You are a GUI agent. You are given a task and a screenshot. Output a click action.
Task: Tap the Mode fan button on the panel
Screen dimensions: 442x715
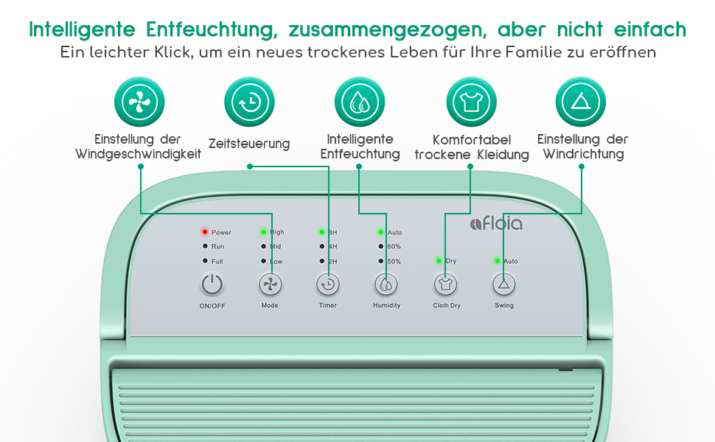click(271, 285)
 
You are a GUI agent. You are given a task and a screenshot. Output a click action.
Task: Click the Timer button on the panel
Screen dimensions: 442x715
click(328, 285)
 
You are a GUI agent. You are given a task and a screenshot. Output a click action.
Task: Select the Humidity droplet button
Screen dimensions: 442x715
click(386, 285)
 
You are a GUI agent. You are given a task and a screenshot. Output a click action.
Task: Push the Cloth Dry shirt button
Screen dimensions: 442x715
click(445, 285)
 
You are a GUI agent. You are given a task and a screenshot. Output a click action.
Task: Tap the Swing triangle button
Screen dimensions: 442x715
click(504, 285)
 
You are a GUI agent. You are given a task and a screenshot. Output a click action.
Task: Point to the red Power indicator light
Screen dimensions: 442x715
click(205, 232)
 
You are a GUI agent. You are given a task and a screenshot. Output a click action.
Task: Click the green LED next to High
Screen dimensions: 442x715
click(263, 232)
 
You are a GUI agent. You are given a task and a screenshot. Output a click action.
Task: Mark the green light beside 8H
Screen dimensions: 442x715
click(322, 232)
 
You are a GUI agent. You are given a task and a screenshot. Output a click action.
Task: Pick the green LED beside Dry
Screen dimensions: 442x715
click(439, 261)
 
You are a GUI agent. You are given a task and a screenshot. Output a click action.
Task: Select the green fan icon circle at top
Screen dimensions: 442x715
click(139, 102)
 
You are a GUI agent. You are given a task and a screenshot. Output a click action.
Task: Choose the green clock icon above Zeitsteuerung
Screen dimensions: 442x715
click(249, 102)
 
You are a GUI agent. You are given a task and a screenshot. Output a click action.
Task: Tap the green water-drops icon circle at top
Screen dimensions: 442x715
click(360, 102)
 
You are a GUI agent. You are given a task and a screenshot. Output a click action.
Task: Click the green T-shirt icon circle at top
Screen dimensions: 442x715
click(471, 102)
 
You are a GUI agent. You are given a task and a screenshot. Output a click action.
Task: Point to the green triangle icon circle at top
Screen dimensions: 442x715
click(580, 102)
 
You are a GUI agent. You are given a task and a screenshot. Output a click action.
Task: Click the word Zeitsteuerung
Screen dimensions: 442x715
click(249, 144)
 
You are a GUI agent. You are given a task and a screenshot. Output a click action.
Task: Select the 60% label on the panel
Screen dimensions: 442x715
click(394, 247)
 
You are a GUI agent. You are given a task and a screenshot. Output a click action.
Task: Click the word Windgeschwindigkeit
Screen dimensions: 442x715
click(139, 155)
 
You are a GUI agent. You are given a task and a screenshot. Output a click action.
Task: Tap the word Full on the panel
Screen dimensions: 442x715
click(217, 262)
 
